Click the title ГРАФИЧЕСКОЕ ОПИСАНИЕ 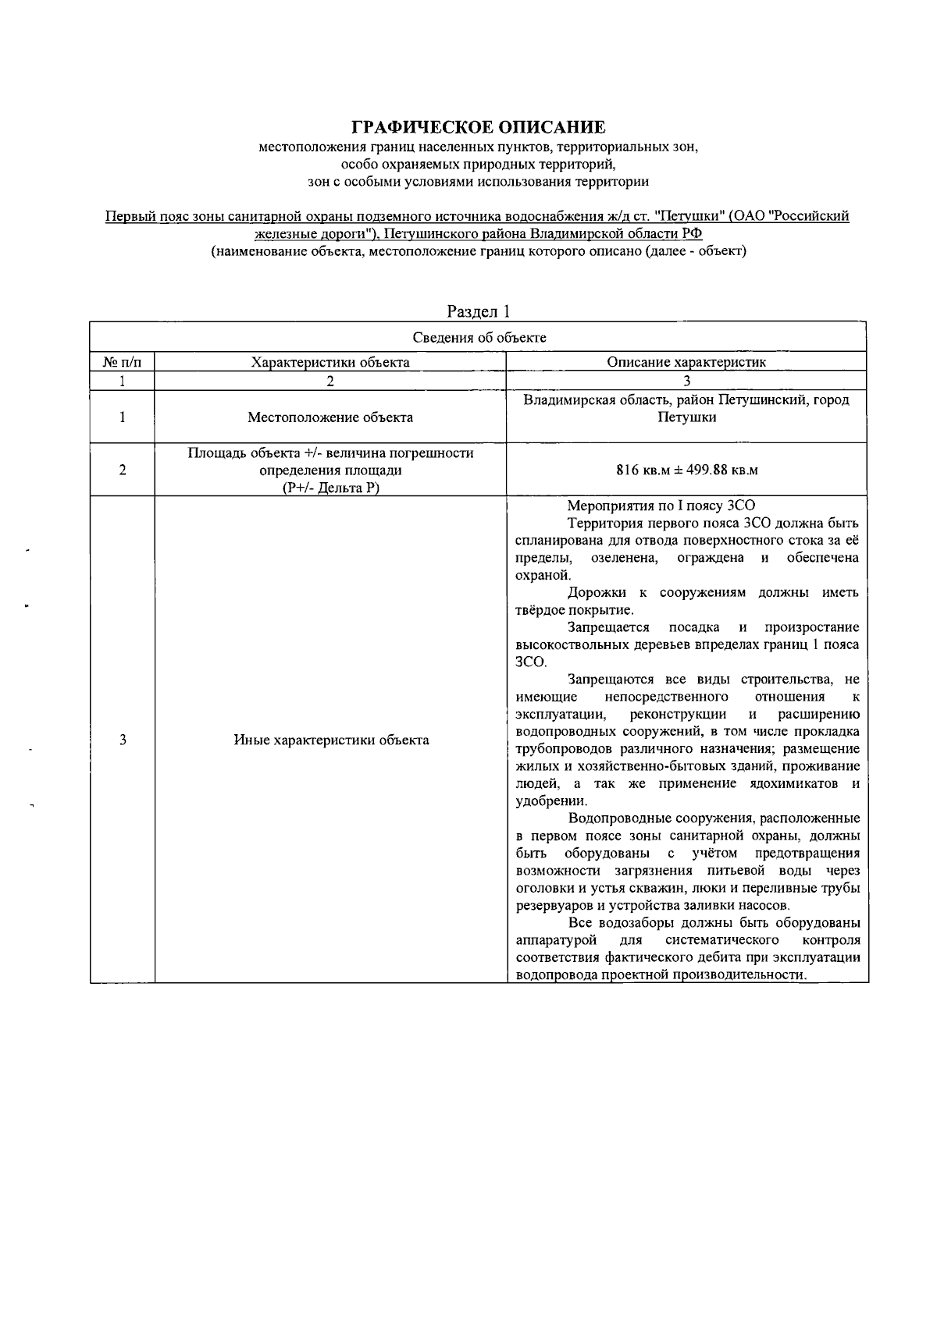(478, 126)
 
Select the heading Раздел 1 (479, 311)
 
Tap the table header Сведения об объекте (479, 338)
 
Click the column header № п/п (123, 362)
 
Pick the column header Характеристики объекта (330, 362)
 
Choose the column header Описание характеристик (686, 362)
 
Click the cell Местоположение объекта (330, 417)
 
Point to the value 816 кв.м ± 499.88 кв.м (686, 470)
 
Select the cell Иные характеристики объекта (331, 740)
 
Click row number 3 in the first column (123, 740)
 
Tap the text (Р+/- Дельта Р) (330, 488)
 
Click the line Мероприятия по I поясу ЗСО (661, 506)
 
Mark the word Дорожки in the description (593, 592)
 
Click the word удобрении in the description (550, 801)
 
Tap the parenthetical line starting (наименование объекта (478, 251)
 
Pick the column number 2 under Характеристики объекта (330, 382)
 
